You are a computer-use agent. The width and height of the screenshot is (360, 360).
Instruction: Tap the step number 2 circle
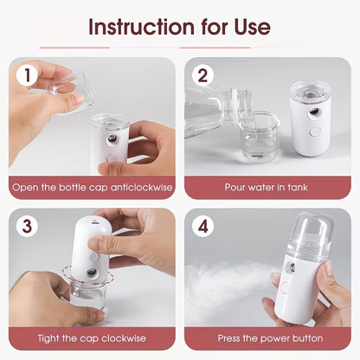coord(203,76)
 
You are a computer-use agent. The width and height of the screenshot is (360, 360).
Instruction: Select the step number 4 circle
coord(203,228)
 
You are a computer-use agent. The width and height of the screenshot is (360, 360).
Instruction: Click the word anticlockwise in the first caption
coord(132,185)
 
